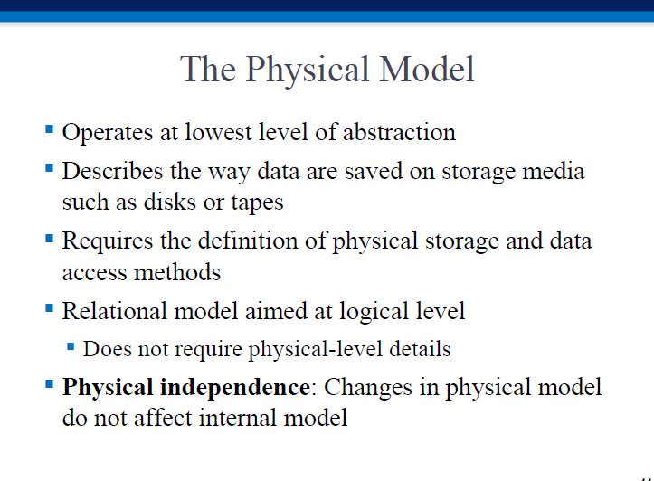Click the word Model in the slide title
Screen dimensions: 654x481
point(427,70)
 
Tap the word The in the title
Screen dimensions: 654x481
point(208,70)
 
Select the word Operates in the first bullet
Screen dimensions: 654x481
point(108,134)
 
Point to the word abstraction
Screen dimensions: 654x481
point(399,132)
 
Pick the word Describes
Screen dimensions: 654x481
point(112,171)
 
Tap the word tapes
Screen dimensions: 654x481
point(257,203)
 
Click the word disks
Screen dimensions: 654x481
point(170,202)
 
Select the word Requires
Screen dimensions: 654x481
point(108,242)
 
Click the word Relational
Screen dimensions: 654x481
point(114,311)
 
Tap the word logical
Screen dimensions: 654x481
point(374,312)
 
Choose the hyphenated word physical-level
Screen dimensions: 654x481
point(316,349)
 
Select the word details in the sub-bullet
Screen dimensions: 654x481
point(420,348)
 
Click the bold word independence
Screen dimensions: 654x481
point(235,388)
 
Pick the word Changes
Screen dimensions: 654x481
point(368,389)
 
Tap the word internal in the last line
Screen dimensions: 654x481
point(237,418)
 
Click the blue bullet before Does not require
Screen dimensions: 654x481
point(71,346)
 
